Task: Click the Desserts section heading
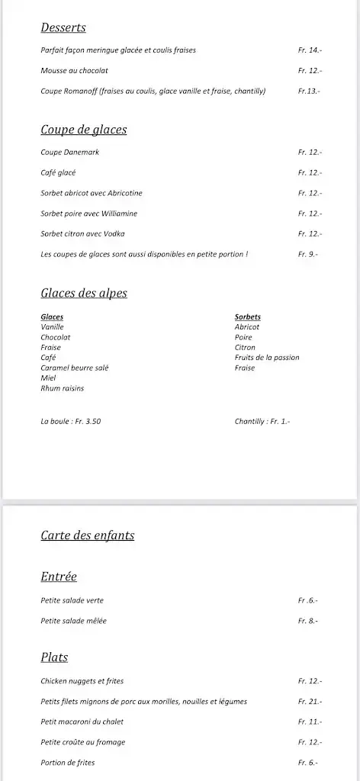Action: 63,28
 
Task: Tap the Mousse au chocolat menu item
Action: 74,71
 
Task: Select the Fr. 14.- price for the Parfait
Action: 310,50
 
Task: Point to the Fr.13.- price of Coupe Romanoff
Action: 309,92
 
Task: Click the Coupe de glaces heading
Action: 84,130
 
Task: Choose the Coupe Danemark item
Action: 69,153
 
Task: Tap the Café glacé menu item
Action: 58,173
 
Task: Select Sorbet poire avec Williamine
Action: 88,214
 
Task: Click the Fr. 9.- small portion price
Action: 307,254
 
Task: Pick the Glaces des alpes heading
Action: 84,294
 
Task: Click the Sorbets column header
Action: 248,317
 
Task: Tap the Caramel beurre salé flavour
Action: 75,368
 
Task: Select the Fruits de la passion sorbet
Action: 267,358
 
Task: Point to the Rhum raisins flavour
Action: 63,388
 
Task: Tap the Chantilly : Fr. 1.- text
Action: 262,421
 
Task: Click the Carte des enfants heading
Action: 88,535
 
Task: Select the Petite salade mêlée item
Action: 73,621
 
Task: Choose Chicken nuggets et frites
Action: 82,681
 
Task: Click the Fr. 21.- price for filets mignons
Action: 310,702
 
